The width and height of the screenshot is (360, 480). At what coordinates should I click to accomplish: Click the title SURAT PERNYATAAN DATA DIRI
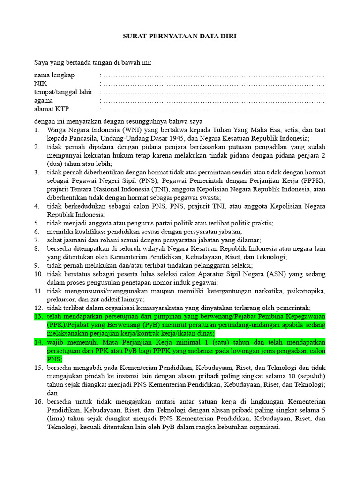180,36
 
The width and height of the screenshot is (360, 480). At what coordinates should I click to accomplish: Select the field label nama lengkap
54,75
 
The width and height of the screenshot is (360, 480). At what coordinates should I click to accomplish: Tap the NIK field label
40,83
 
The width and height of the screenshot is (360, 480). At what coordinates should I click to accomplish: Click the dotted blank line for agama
213,101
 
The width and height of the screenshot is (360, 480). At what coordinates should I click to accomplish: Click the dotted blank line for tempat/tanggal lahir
213,92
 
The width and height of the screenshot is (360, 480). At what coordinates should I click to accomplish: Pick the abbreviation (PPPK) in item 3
313,181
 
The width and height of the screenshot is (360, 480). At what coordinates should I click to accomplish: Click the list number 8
37,248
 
